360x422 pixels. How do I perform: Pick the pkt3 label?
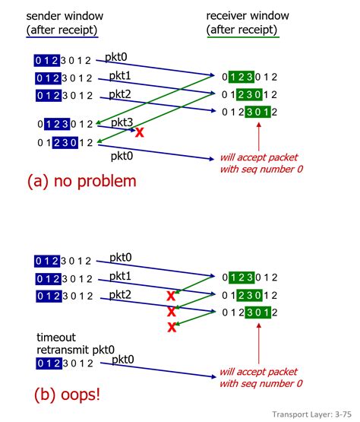click(x=124, y=122)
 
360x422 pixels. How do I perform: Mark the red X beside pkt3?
click(x=140, y=132)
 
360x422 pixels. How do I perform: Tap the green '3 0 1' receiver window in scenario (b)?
click(x=257, y=312)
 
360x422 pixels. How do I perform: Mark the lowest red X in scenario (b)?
click(x=172, y=327)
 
